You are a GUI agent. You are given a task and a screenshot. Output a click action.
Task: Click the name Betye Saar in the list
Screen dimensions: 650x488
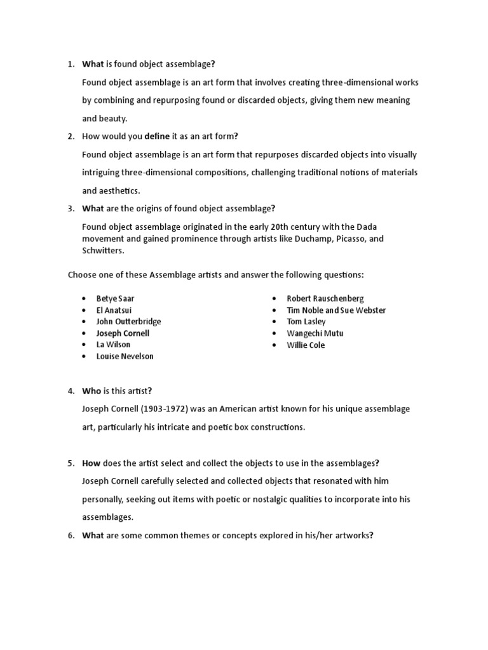coord(115,298)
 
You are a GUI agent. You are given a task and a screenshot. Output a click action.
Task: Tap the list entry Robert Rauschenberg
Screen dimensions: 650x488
coord(325,298)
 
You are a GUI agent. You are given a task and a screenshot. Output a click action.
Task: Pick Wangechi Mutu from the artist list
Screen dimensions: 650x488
coord(311,333)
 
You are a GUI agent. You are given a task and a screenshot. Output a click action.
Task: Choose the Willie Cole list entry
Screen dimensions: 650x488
coord(306,345)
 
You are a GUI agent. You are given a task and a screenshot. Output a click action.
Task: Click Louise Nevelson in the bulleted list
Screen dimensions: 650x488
coord(125,356)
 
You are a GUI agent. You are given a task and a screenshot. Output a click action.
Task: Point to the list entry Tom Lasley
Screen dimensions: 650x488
coord(306,322)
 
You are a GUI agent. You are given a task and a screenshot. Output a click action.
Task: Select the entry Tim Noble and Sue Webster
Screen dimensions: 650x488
coord(336,310)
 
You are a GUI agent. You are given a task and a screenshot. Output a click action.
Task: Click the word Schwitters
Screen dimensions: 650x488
coord(104,251)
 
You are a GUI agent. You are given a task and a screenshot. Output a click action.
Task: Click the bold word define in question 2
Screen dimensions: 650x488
coord(158,136)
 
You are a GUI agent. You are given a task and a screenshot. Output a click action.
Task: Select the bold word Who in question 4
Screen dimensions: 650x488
coord(91,391)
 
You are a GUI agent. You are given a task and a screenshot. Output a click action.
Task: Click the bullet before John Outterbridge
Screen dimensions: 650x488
coord(83,322)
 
